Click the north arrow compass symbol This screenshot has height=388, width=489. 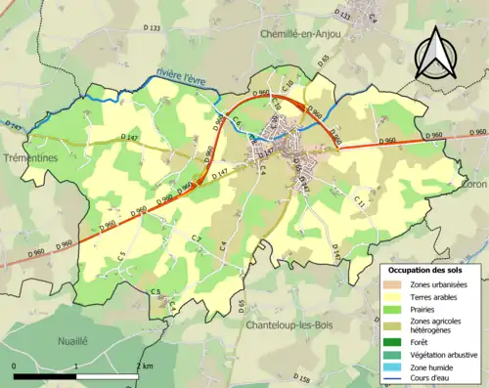pyautogui.click(x=434, y=54)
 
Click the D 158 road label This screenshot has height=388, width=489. pyautogui.click(x=302, y=378)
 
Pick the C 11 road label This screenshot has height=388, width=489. pyautogui.click(x=361, y=201)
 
